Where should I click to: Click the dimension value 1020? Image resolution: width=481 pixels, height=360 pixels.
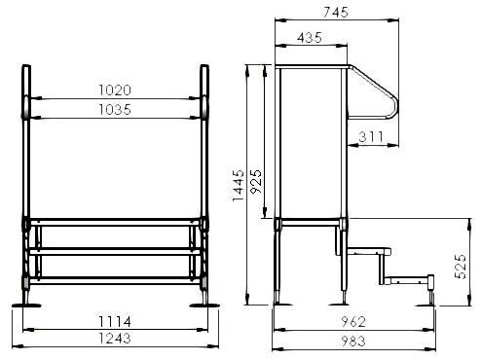(115, 90)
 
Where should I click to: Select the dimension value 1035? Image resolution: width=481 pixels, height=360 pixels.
(115, 110)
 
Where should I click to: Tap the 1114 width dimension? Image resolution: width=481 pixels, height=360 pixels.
(115, 322)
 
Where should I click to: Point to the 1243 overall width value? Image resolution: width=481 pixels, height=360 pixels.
(115, 339)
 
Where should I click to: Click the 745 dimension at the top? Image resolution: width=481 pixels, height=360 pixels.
(336, 12)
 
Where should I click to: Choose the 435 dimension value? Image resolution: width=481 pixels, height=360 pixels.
(310, 38)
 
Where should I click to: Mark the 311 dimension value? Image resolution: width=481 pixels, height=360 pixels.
(371, 137)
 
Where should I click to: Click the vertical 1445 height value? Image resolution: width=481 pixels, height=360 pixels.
(239, 185)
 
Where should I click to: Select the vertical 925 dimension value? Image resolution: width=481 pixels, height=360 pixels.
(256, 181)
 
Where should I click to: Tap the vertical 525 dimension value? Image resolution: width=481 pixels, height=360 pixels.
(460, 267)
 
